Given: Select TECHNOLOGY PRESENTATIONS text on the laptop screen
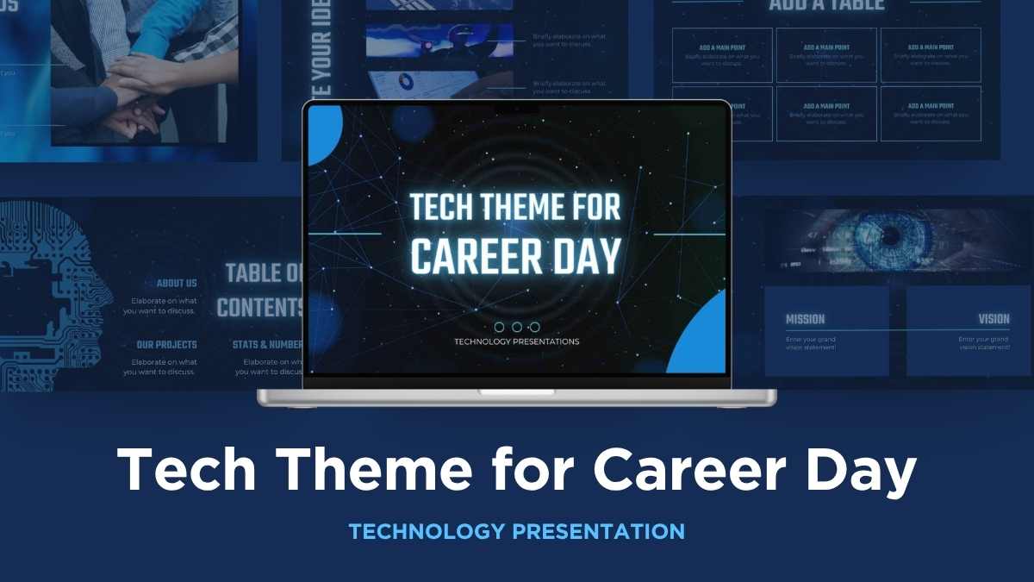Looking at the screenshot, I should click(516, 341).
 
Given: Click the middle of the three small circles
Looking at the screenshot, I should click(516, 327).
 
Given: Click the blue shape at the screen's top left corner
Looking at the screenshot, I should click(322, 133).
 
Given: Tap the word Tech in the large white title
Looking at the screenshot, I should click(196, 472).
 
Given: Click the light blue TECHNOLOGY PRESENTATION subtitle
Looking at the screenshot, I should click(516, 531).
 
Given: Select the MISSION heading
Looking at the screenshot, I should click(805, 319).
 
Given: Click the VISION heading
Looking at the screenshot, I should click(993, 319).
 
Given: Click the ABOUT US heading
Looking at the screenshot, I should click(177, 283).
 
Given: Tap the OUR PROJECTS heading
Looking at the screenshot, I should click(166, 345).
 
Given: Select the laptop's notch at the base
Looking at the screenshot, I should click(516, 392).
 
